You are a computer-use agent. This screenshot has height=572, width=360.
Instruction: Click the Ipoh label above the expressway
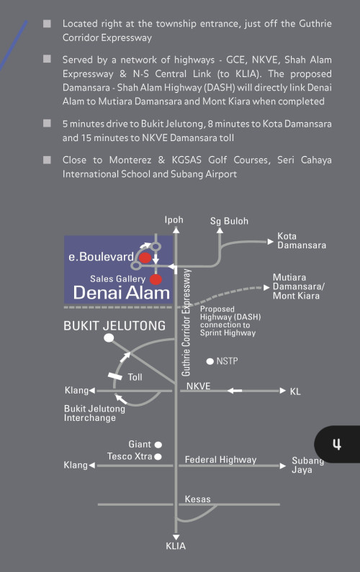pyautogui.click(x=174, y=220)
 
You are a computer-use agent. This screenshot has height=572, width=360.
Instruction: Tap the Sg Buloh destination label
pyautogui.click(x=229, y=221)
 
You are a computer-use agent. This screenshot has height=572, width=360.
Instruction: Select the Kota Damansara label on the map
pyautogui.click(x=301, y=240)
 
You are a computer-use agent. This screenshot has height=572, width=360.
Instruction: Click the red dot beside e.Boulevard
pyautogui.click(x=145, y=258)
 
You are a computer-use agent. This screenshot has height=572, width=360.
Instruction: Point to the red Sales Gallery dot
pyautogui.click(x=156, y=279)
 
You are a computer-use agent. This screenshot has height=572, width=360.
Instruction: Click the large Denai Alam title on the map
pyautogui.click(x=122, y=293)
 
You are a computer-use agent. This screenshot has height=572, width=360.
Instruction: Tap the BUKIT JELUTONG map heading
pyautogui.click(x=114, y=325)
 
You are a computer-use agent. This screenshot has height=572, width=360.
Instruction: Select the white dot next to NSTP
pyautogui.click(x=210, y=361)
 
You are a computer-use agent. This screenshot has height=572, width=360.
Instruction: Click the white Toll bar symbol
pyautogui.click(x=115, y=376)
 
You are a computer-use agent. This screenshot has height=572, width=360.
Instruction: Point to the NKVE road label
pyautogui.click(x=198, y=386)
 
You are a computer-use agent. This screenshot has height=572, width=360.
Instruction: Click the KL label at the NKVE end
pyautogui.click(x=295, y=391)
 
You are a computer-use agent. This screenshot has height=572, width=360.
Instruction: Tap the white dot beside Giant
pyautogui.click(x=158, y=445)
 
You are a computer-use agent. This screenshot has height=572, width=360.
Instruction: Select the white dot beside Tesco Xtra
pyautogui.click(x=158, y=456)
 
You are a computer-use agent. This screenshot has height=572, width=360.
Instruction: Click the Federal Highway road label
pyautogui.click(x=220, y=460)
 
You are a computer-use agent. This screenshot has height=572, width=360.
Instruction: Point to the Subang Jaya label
pyautogui.click(x=307, y=465)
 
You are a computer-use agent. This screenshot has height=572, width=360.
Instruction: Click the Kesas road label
pyautogui.click(x=197, y=499)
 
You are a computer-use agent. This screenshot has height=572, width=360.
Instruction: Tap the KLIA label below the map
pyautogui.click(x=176, y=546)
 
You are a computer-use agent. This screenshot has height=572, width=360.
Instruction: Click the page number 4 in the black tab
pyautogui.click(x=337, y=445)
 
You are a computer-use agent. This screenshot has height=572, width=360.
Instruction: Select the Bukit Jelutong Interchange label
pyautogui.click(x=94, y=413)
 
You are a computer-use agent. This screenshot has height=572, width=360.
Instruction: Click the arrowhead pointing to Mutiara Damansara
pyautogui.click(x=267, y=288)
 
